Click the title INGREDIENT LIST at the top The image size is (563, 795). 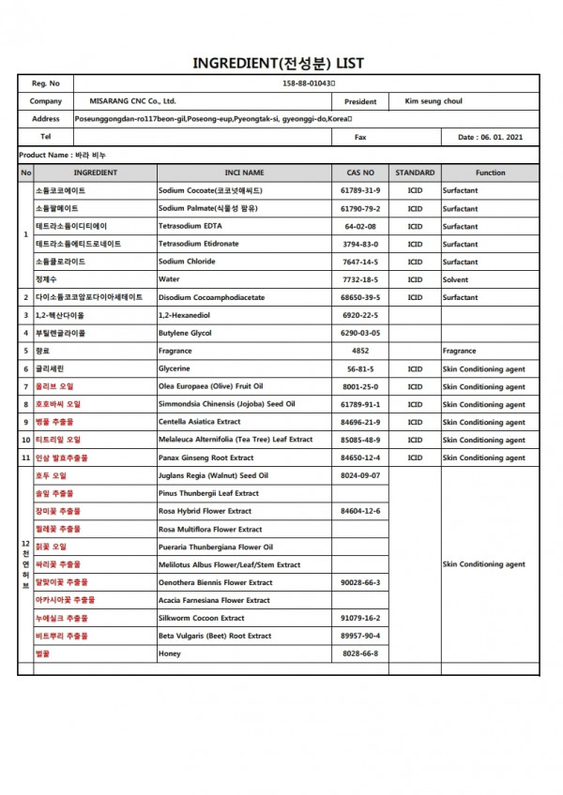(278, 63)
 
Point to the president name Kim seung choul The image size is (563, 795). (433, 101)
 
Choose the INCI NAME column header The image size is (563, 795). (244, 172)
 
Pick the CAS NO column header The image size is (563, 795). (360, 172)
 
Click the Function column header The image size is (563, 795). (490, 172)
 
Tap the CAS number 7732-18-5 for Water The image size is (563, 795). (360, 279)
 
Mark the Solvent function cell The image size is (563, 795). (457, 279)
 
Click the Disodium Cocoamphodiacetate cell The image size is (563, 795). (216, 297)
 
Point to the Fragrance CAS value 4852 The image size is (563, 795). (360, 351)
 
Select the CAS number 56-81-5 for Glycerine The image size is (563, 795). (360, 368)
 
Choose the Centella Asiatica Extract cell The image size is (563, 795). (200, 422)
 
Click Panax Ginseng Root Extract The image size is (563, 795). (205, 457)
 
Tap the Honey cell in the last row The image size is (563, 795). (170, 653)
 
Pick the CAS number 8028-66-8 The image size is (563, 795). (360, 653)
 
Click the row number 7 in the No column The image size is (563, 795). (25, 386)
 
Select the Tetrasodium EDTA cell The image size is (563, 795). (190, 226)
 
